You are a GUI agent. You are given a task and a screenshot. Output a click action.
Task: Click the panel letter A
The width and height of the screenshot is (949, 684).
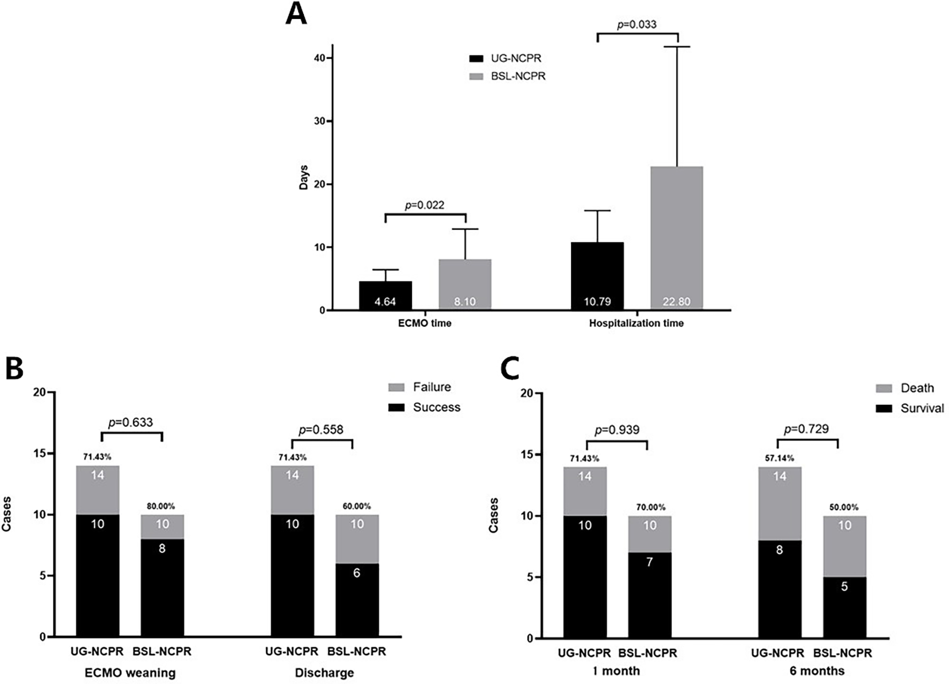296,14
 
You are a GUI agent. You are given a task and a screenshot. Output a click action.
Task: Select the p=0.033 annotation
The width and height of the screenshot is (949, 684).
637,24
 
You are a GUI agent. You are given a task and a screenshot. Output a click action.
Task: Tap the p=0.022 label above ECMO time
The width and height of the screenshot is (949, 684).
424,205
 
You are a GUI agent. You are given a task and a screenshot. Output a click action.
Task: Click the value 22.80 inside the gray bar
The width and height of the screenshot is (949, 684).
676,301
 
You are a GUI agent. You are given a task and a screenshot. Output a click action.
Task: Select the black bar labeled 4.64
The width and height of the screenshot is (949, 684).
385,295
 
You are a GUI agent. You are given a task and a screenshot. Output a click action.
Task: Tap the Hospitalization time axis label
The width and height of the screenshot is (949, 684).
636,323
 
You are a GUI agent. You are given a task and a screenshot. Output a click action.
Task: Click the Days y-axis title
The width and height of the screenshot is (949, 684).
304,177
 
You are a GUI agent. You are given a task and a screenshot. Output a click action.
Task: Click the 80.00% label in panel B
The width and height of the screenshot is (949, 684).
161,506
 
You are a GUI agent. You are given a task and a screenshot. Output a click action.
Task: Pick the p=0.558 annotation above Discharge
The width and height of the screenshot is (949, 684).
321,429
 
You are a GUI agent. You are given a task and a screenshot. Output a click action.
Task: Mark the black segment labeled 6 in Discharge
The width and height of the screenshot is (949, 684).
357,599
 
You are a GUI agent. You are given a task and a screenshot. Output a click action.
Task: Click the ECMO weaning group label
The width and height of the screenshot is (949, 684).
130,673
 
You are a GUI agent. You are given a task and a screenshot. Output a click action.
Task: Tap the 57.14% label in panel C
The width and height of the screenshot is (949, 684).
779,458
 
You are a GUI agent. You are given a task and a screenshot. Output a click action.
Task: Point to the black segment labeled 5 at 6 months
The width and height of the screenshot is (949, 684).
844,607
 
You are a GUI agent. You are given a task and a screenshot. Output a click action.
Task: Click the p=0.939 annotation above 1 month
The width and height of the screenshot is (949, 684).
616,430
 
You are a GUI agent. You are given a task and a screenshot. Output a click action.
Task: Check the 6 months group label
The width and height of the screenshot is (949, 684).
817,671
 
